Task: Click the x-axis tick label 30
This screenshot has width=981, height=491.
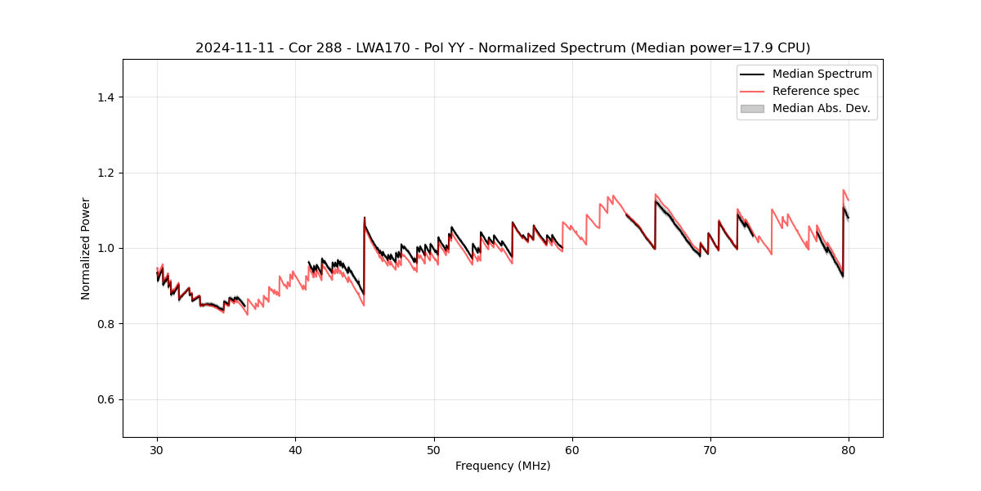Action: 157,449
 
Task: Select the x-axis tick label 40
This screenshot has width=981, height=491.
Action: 295,449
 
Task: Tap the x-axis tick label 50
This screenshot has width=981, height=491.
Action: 434,449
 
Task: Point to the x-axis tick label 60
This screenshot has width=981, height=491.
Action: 572,449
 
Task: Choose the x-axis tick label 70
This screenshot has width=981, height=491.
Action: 710,449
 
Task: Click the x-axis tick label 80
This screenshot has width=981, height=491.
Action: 849,449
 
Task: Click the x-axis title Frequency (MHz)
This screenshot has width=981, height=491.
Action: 503,466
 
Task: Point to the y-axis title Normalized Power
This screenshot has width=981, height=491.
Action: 85,248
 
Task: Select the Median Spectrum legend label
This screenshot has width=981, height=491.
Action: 822,74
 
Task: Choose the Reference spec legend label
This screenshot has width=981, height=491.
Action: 816,91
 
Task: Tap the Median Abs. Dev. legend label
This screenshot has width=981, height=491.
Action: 821,108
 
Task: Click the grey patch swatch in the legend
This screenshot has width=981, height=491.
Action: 752,108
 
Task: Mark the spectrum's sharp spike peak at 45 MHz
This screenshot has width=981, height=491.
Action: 365,218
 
